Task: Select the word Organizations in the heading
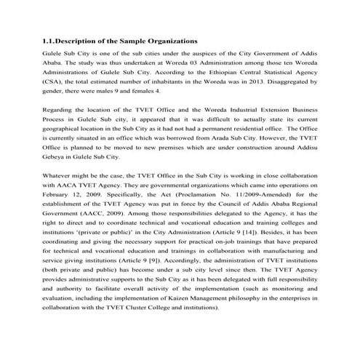coord(169,41)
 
